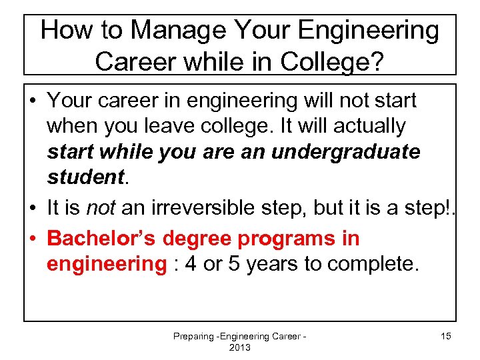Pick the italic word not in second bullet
pos(101,207)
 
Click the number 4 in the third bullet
pos(191,264)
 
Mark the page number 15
pos(445,337)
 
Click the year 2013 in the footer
pos(240,348)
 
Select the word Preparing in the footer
pos(192,337)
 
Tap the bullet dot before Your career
pos(32,101)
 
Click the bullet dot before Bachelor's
pos(32,238)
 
